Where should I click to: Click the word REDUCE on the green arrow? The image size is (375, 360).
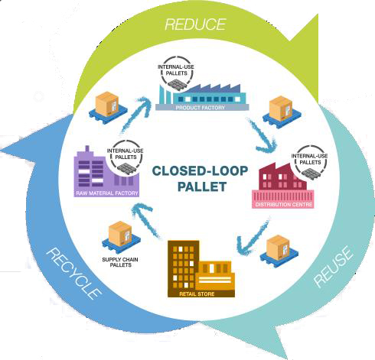coord(195,24)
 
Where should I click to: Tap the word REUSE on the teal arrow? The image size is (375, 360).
coord(334,268)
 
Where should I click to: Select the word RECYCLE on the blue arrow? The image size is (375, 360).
coord(74,274)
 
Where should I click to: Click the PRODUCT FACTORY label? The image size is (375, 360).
coord(201,108)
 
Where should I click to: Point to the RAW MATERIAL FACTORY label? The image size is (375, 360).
coord(107,193)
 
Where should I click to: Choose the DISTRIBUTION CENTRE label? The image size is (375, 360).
coord(284,205)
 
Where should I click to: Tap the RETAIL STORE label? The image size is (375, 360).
coord(197,294)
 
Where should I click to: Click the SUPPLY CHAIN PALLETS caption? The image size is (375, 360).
coord(120,262)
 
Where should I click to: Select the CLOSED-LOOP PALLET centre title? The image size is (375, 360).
coord(201,179)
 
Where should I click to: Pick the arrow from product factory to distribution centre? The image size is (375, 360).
coord(262,136)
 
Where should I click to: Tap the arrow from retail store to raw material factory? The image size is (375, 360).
coord(148,220)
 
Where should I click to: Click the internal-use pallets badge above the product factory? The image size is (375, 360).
coord(176,74)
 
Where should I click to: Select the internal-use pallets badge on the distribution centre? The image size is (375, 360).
coord(310,163)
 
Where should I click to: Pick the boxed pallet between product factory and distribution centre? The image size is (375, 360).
coord(282,112)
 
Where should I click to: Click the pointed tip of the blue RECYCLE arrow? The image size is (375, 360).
coord(2,151)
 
